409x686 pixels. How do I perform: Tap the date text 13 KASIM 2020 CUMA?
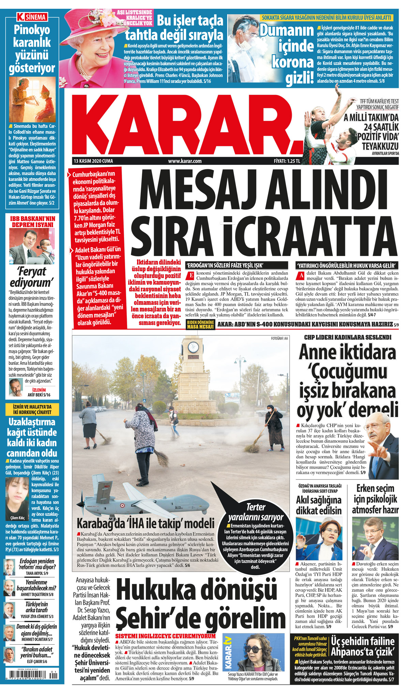pos(93,161)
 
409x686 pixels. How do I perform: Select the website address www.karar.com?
pos(185,161)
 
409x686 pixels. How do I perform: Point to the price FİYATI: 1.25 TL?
pos(287,161)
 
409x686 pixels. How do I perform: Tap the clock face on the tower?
pos(193,347)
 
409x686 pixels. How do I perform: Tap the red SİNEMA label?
pos(32,17)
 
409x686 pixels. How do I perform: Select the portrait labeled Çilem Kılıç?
pos(17,496)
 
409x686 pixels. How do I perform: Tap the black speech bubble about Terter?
pos(256,532)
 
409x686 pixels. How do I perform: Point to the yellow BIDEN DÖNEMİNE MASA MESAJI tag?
pos(200,325)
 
